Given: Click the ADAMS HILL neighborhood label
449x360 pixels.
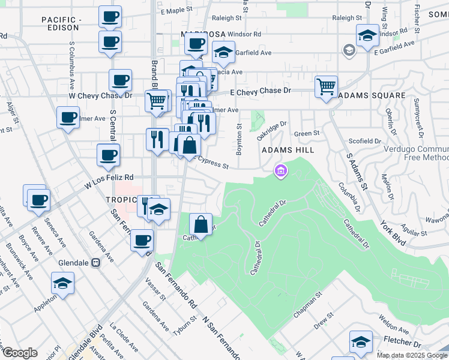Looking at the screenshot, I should pos(287,149).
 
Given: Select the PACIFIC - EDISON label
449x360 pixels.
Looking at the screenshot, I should pos(61,23).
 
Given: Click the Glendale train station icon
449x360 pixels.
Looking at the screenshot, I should pos(95,263).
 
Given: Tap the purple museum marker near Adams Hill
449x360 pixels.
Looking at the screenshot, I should pos(280,172).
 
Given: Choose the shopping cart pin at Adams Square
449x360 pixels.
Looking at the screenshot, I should pos(326,86).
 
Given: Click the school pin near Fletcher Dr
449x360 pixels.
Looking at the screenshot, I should pos(361,342).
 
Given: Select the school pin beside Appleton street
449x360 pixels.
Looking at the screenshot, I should pos(62,283).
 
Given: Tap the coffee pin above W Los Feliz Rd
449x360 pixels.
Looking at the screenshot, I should pos(109,155).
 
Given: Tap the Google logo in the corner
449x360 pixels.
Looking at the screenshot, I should pos(20,353).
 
